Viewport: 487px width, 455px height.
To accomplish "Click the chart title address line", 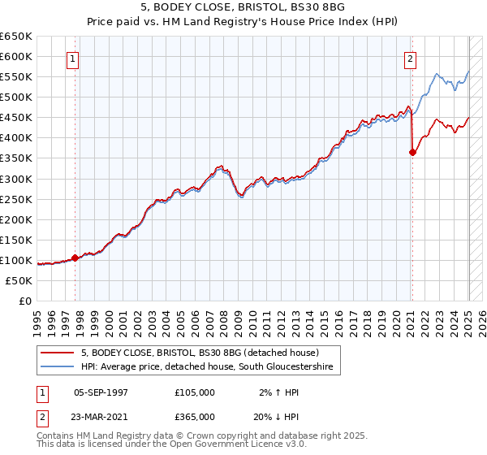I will (243, 8).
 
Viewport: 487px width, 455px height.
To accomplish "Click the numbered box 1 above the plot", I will (73, 58).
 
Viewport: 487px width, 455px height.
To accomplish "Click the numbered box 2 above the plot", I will (411, 58).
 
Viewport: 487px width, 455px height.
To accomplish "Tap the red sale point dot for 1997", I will (75, 258).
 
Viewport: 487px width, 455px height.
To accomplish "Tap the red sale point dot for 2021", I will (412, 152).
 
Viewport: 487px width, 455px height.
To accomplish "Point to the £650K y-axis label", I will (16, 37).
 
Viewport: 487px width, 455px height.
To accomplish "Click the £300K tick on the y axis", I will (16, 179).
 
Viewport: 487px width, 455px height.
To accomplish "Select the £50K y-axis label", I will (19, 280).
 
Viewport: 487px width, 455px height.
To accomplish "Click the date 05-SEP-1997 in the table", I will (101, 392).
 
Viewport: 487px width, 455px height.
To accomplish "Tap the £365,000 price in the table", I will (195, 417).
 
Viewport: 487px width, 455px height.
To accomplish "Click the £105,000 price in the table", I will (195, 392).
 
